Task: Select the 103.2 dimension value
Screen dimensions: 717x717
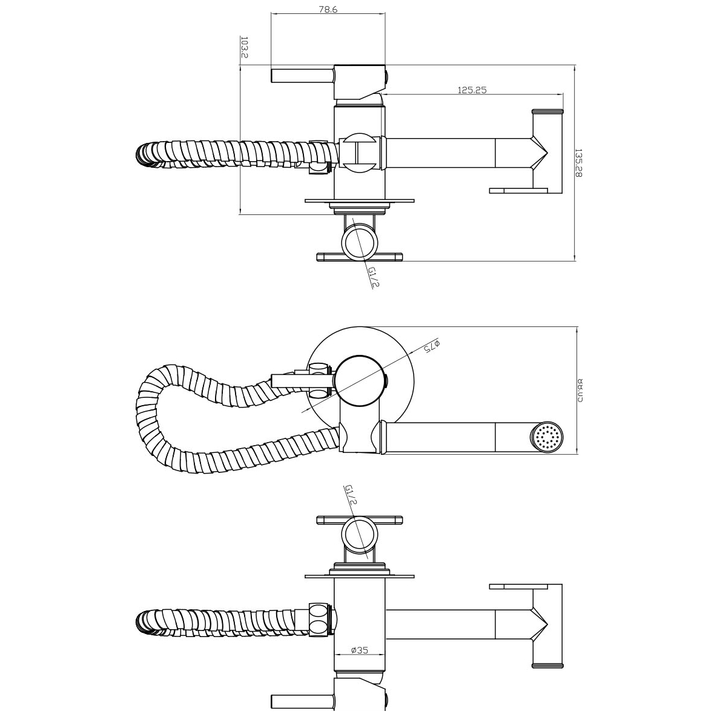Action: [x=244, y=47]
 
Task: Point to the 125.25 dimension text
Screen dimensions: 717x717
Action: [x=472, y=90]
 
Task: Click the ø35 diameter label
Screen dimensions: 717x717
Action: [x=359, y=650]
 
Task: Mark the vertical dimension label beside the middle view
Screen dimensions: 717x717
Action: [x=580, y=391]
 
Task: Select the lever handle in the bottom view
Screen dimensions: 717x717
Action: [x=301, y=701]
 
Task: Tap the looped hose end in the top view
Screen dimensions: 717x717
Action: [x=145, y=154]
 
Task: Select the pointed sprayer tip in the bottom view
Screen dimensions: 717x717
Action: [x=542, y=623]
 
